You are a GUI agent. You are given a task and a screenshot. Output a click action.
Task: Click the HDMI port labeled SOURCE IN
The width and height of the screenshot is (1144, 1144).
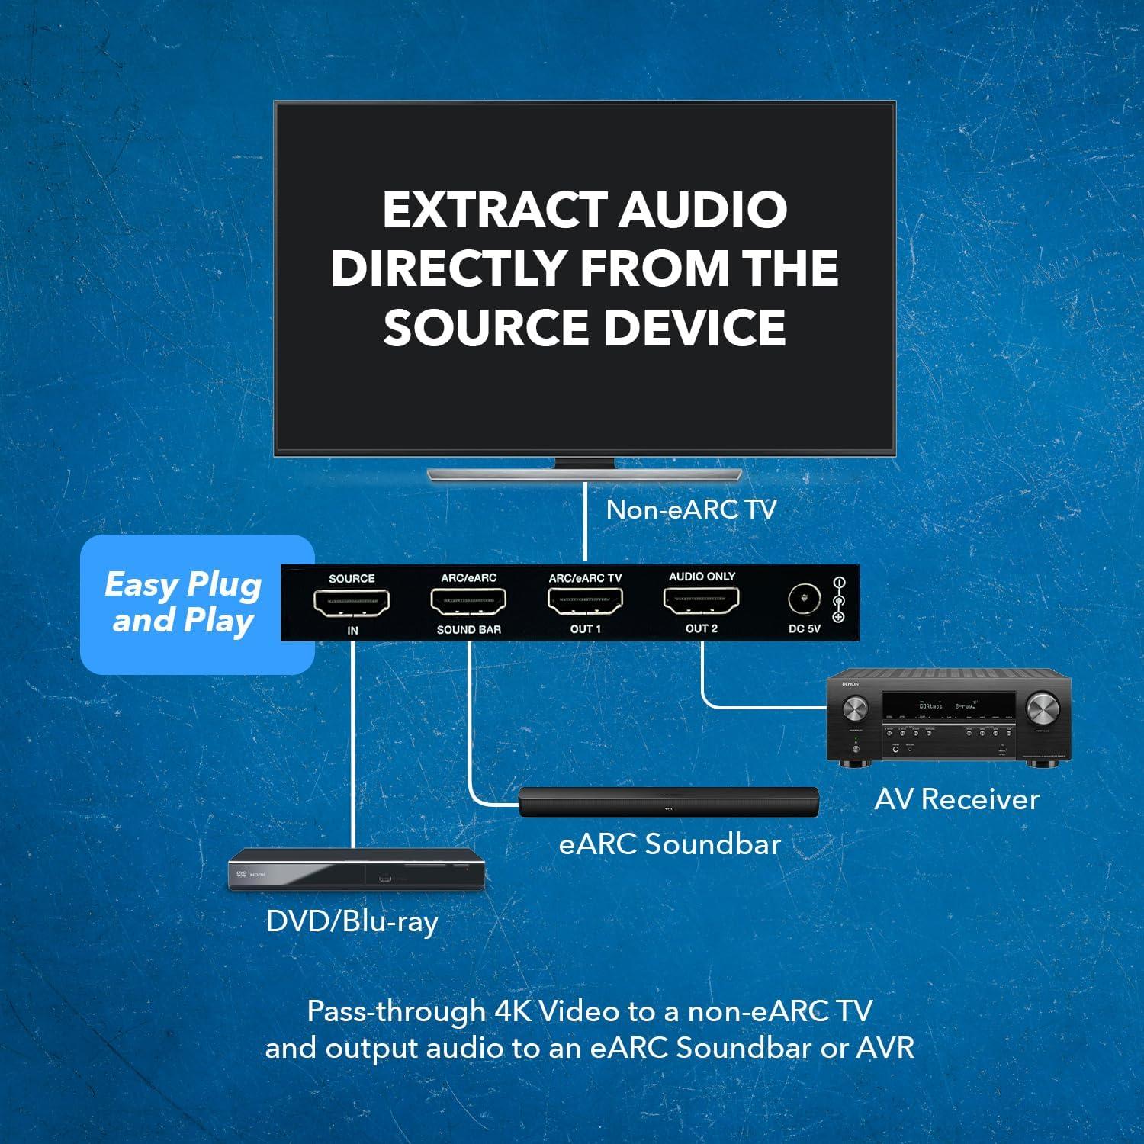[352, 603]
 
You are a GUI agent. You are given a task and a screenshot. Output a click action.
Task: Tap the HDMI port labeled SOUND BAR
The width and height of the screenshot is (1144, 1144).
[468, 603]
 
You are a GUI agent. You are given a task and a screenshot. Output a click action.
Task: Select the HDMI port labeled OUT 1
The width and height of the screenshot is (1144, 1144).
[585, 602]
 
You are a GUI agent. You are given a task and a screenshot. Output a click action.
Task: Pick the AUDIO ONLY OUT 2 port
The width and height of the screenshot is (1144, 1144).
[702, 601]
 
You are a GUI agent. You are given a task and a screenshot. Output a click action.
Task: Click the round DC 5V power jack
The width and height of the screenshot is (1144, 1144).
[804, 600]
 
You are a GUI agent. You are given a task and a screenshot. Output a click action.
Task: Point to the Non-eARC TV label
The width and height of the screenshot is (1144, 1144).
[691, 509]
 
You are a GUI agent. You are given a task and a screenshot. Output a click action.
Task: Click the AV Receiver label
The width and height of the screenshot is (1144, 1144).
[956, 799]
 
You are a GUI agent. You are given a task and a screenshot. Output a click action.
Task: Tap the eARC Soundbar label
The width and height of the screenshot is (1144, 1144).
[670, 844]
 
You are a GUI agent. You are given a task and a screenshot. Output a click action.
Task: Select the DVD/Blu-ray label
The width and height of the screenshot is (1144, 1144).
[352, 921]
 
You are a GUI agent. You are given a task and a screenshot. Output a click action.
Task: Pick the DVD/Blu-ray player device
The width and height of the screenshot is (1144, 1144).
[358, 870]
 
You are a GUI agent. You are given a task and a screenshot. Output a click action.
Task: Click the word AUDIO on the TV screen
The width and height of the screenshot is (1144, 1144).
[702, 210]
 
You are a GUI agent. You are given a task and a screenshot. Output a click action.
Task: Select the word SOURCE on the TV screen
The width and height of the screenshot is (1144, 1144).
[486, 326]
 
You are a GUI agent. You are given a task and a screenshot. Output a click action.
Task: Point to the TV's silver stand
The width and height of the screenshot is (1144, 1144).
[585, 473]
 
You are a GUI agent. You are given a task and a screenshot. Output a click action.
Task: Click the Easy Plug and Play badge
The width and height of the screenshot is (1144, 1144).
[184, 603]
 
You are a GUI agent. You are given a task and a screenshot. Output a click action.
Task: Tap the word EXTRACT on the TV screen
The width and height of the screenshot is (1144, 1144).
[494, 210]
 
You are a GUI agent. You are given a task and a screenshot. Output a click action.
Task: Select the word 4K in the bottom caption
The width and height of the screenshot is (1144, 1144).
[513, 1011]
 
